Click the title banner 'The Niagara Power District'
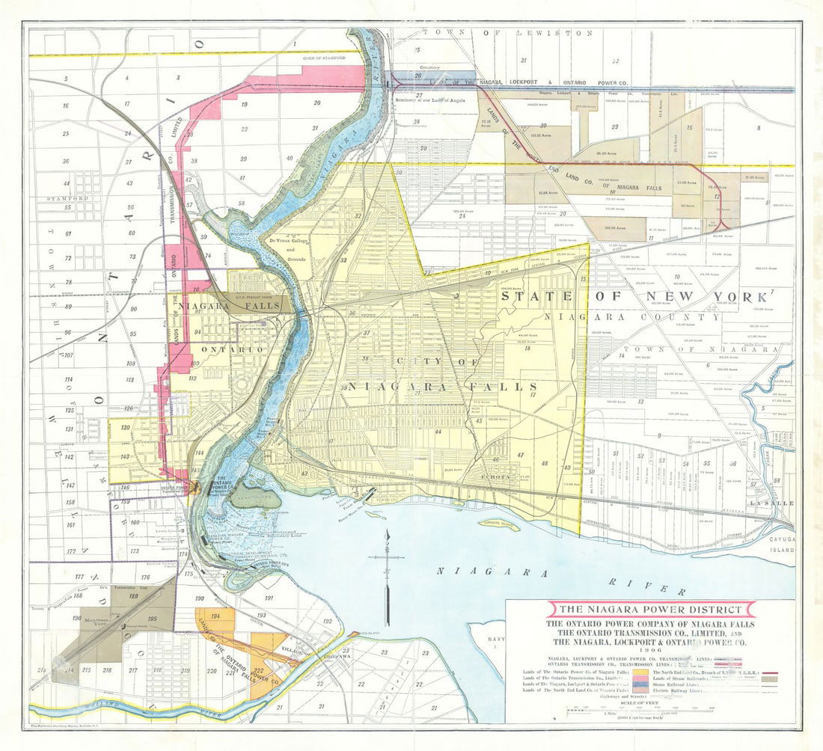tap(651, 610)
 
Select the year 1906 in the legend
tap(650, 650)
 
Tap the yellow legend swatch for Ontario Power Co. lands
tap(643, 673)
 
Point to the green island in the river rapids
tap(254, 495)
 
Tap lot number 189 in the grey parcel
tap(134, 596)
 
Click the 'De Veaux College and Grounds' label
tap(287, 250)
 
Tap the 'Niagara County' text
tap(632, 317)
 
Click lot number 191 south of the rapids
tap(268, 598)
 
